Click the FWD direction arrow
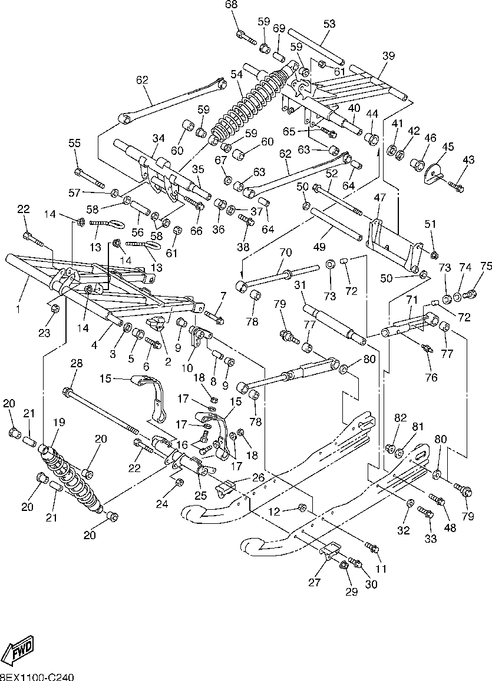coord(19,650)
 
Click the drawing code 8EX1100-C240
coord(37,677)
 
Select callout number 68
coord(232,5)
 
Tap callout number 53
coord(329,24)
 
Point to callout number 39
coord(388,55)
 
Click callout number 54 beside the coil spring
coord(236,74)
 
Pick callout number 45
coord(448,147)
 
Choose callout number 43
coord(468,160)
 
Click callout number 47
coord(380,198)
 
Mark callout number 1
coord(18,309)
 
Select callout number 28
coord(76,363)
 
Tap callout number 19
coord(59,422)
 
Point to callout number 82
coord(400,417)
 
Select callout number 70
coord(286,253)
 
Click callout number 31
coord(300,285)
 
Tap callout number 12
coord(274,512)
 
